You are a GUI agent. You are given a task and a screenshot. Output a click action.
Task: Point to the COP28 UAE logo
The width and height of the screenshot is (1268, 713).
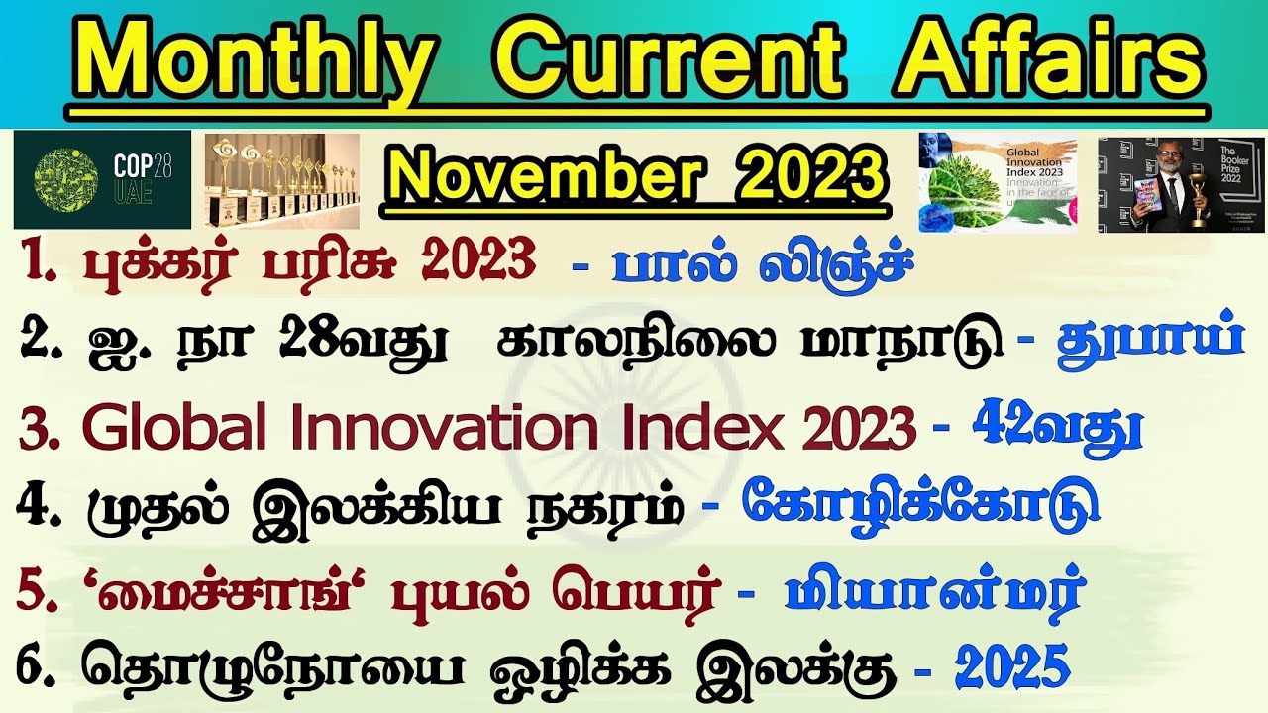pyautogui.click(x=101, y=179)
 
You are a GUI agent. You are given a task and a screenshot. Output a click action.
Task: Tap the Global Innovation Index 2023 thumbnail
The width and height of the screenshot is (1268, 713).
pyautogui.click(x=998, y=183)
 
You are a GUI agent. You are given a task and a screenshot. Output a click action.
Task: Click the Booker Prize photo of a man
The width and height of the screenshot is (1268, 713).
pyautogui.click(x=1167, y=184)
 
